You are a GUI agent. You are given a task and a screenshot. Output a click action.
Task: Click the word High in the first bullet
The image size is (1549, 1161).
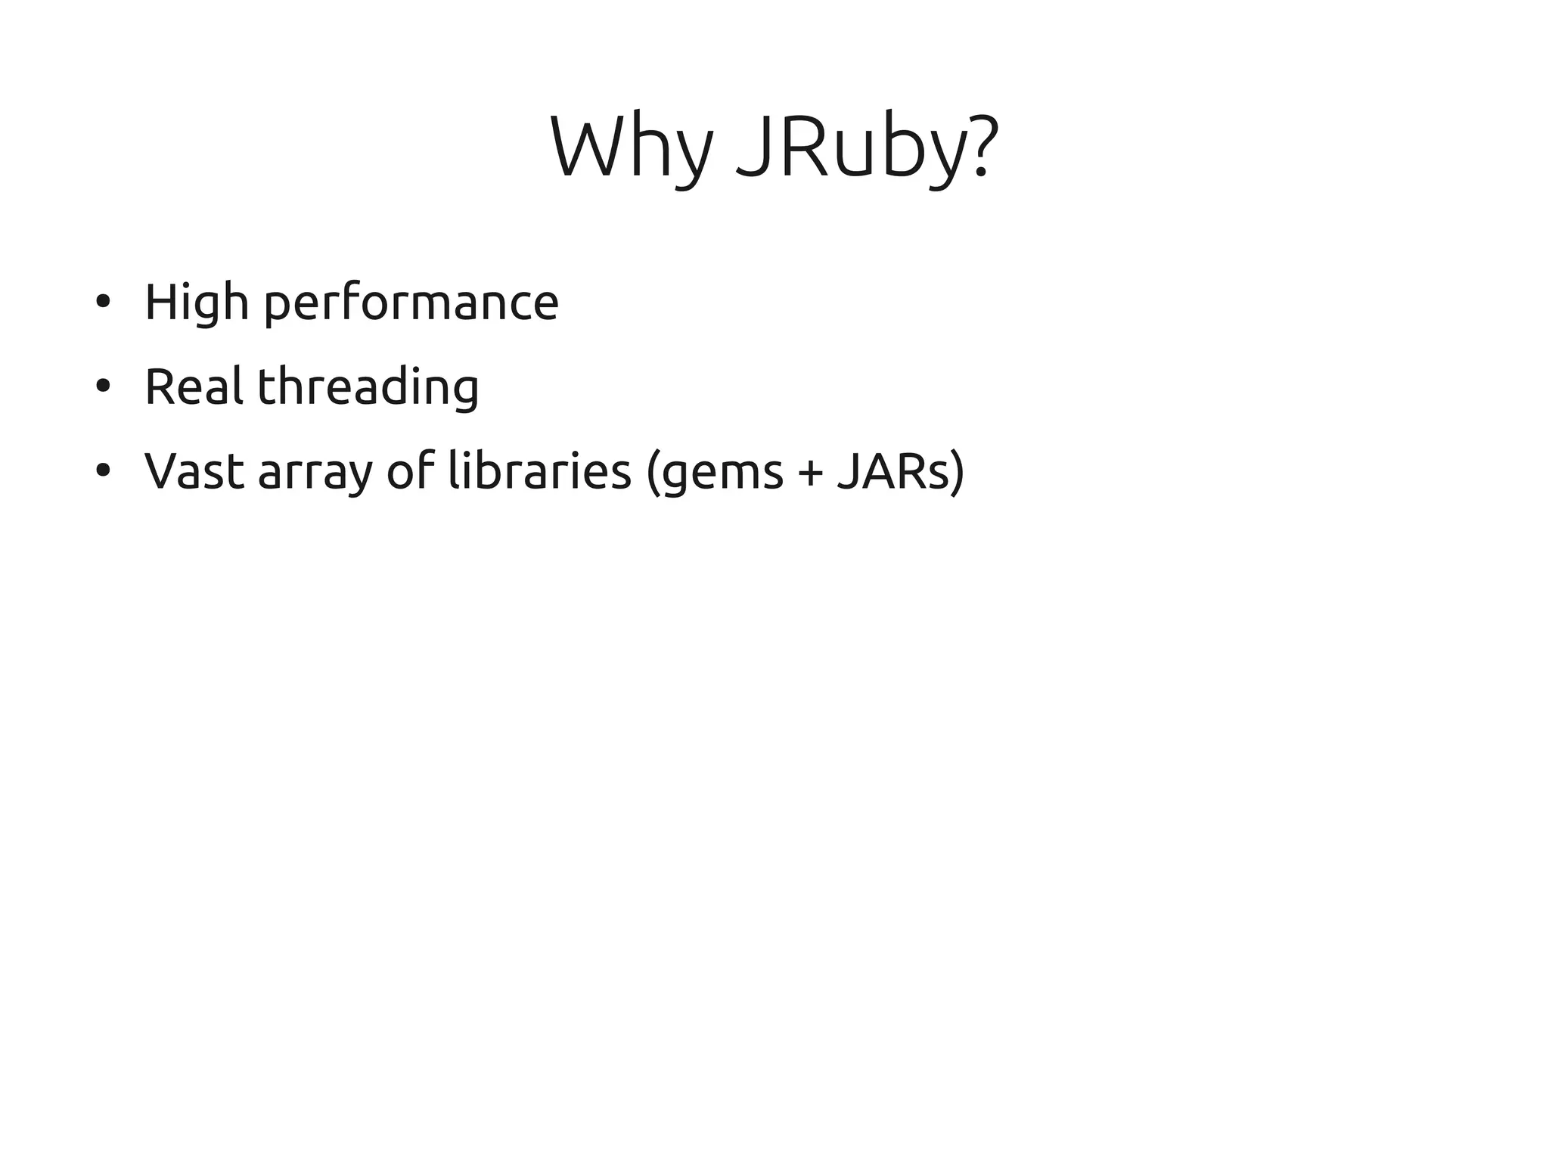click(x=196, y=303)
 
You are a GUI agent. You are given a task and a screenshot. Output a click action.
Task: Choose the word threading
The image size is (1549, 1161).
click(x=368, y=387)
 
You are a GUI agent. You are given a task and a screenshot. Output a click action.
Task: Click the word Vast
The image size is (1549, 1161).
click(x=194, y=470)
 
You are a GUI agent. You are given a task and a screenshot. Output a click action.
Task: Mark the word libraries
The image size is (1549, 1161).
click(x=539, y=470)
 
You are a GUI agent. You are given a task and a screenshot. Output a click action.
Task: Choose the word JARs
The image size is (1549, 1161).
click(x=892, y=470)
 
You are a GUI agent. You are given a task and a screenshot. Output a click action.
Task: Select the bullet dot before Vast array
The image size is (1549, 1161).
click(x=104, y=471)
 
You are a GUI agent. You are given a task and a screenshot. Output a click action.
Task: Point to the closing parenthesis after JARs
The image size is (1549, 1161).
click(x=958, y=472)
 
